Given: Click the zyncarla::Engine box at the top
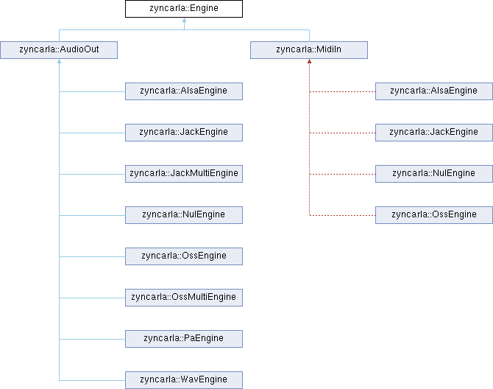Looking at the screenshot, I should tap(184, 10).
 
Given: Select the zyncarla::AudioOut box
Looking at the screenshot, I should tap(59, 50).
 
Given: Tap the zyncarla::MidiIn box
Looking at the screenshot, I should tap(309, 50).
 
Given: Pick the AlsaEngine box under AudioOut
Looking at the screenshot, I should tap(184, 91).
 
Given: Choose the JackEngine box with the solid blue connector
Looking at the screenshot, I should tap(184, 133).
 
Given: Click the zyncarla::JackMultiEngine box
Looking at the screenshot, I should tap(184, 174).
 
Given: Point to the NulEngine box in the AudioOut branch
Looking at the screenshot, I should tap(184, 215).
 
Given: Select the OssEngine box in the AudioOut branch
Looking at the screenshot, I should tap(184, 256).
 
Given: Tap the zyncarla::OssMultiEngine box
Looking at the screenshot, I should tap(184, 298).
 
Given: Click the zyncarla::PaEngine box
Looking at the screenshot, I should tap(184, 339).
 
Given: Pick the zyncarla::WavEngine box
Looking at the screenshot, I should tap(184, 380).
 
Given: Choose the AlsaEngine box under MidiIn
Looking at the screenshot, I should tap(434, 91).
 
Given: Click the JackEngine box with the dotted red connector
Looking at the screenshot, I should tap(434, 133).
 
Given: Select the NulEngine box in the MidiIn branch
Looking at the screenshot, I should tap(434, 174).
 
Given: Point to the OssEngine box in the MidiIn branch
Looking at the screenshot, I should tap(434, 215).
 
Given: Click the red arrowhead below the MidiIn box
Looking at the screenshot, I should tap(309, 62).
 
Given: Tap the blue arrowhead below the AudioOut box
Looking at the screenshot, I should tap(59, 62).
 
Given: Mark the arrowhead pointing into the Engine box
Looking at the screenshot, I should tap(184, 21).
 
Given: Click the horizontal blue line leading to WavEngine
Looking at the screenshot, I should tap(92, 380).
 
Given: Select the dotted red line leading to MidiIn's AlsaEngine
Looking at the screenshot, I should tap(342, 91).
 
